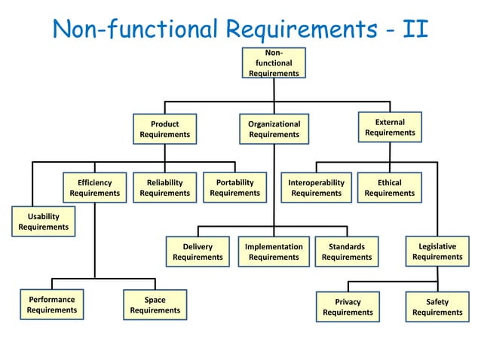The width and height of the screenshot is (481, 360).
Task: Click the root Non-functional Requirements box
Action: (x=274, y=63)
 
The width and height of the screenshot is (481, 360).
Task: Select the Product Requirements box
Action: (x=164, y=129)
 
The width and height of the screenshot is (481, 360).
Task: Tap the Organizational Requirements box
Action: (x=274, y=129)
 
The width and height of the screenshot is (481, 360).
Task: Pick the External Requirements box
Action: (x=390, y=127)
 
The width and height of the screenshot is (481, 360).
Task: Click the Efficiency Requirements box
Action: (x=94, y=188)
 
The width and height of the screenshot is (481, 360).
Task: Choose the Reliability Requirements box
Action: (x=164, y=188)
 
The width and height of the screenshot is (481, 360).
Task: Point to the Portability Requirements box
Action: (x=234, y=188)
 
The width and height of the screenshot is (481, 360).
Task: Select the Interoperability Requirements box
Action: (x=316, y=188)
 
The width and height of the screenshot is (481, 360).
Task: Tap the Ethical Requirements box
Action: (x=390, y=188)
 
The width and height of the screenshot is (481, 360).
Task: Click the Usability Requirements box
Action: (x=43, y=221)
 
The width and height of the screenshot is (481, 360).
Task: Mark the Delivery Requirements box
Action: (x=198, y=252)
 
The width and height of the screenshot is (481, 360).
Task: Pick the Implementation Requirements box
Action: (x=274, y=252)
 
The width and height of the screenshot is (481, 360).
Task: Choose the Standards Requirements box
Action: (x=347, y=252)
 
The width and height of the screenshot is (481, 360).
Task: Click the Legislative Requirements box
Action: (x=437, y=252)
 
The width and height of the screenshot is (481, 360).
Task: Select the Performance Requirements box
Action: (x=52, y=304)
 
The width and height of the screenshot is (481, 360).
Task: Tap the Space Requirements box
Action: (x=155, y=304)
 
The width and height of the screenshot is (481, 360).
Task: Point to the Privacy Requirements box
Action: (x=348, y=307)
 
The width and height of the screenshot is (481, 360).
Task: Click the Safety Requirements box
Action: (x=437, y=307)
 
